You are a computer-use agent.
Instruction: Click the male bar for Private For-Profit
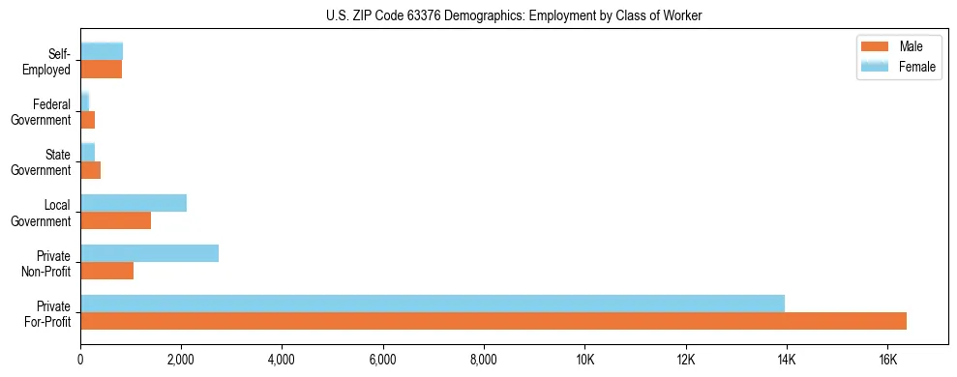tap(493, 321)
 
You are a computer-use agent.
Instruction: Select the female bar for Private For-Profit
tap(433, 304)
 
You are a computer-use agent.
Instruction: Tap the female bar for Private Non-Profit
tap(149, 253)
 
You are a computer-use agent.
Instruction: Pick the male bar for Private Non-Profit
tap(106, 271)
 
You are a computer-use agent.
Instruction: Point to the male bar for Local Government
tap(115, 220)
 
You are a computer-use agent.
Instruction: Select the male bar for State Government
tap(90, 170)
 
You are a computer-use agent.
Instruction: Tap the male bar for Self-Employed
tap(101, 70)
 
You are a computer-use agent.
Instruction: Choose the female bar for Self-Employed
tap(102, 51)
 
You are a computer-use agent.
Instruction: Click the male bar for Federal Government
tap(87, 120)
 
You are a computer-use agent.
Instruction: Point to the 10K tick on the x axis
tap(584, 361)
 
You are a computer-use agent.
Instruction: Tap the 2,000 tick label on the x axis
tap(181, 361)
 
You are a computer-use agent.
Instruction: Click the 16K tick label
tap(887, 361)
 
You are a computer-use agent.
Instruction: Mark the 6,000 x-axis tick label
tap(383, 361)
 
